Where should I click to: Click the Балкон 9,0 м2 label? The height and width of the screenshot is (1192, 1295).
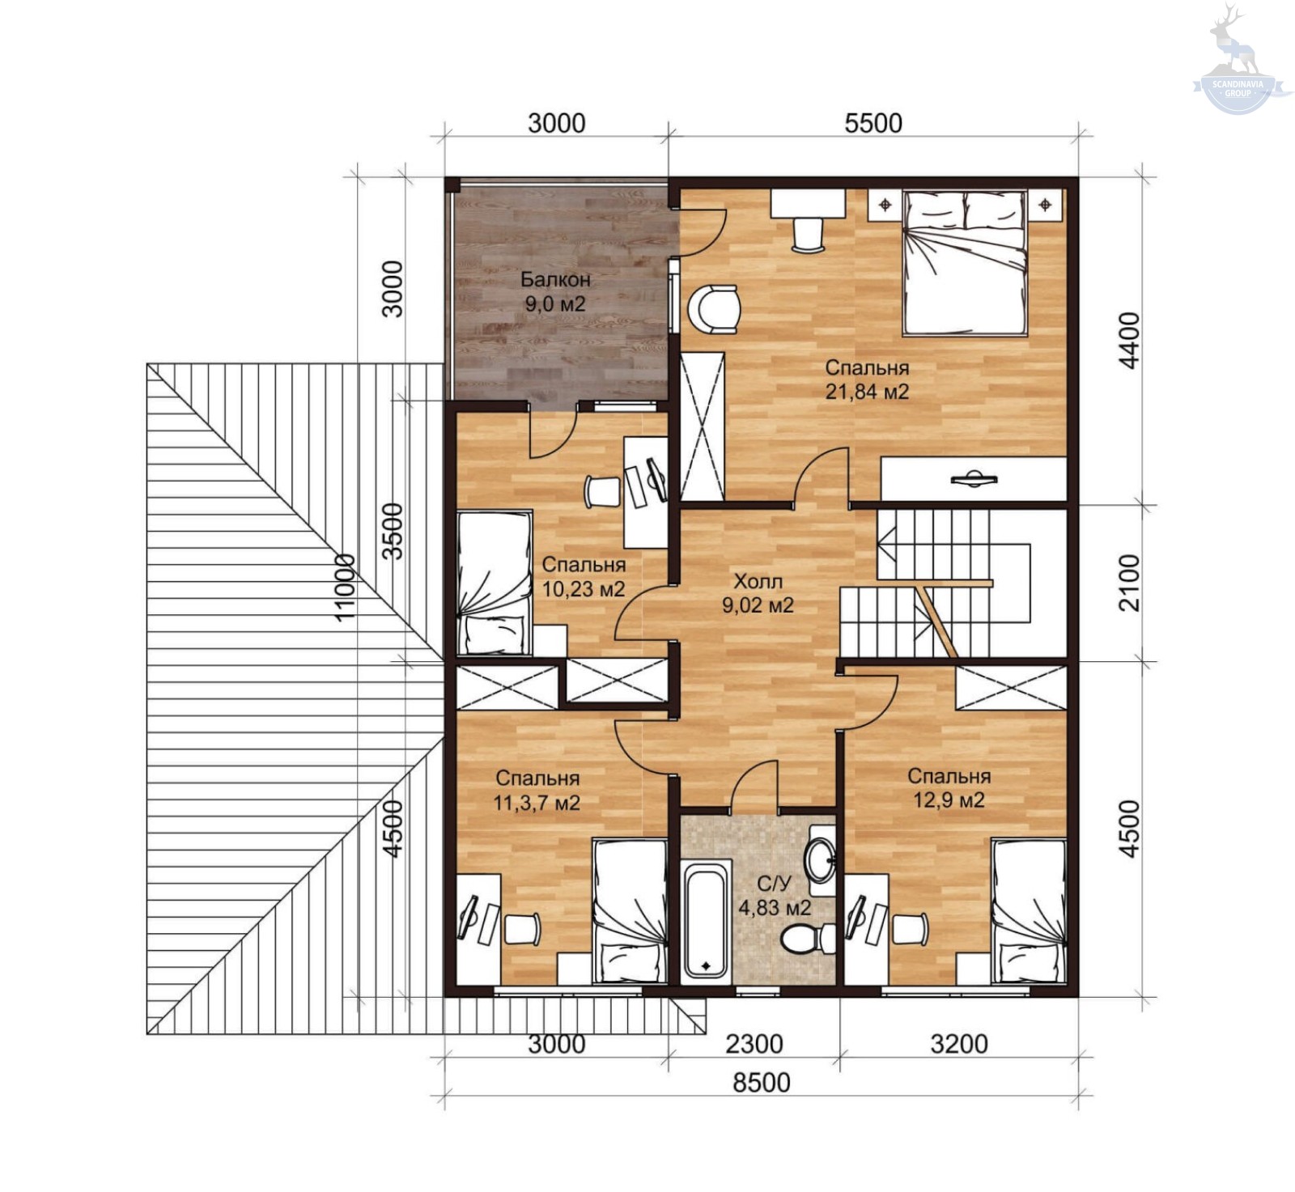click(x=555, y=292)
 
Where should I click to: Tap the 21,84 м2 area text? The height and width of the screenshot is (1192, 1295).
click(x=867, y=392)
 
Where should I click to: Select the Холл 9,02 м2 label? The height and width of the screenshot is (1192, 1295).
click(x=758, y=593)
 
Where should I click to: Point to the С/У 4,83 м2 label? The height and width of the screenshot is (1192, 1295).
click(x=775, y=896)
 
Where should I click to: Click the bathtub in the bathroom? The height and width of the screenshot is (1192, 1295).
click(x=707, y=922)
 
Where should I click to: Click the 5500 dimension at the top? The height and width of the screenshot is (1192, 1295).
click(x=873, y=123)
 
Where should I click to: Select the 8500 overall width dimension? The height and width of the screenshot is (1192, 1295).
click(x=761, y=1083)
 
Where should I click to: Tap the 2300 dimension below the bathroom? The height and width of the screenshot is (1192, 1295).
click(x=754, y=1044)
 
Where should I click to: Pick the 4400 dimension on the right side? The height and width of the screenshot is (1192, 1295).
click(x=1128, y=341)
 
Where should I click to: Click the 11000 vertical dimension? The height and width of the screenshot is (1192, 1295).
click(x=344, y=587)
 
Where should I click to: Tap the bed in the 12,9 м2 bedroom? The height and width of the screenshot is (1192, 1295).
click(x=1029, y=911)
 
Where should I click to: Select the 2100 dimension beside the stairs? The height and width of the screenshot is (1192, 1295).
click(x=1128, y=583)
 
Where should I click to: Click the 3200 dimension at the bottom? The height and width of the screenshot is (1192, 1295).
click(x=959, y=1044)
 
